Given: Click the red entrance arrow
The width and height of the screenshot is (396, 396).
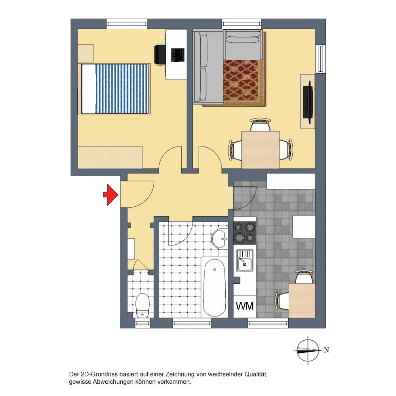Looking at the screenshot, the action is coord(110,194).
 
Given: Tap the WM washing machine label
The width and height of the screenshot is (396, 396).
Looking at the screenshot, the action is coord(244,306).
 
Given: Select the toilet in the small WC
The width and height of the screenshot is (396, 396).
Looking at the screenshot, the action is coord(143,306).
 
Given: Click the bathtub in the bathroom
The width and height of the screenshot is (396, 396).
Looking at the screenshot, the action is coord(214,287).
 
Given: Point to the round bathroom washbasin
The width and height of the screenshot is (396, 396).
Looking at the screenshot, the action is coord(219,239).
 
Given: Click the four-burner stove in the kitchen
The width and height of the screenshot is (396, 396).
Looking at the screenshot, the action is coord(244,232).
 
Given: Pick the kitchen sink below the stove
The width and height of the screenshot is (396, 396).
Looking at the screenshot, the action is coord(244,261).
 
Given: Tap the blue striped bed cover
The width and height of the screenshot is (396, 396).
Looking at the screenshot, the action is coord(122,89).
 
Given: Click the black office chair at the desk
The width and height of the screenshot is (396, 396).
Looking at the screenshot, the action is coord(160,55).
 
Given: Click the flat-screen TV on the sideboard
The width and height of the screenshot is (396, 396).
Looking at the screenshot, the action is coord(308,102).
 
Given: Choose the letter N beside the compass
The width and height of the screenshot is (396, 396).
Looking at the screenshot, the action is coord(326,350).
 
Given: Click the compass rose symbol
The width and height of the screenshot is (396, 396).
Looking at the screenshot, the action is coord(308,350).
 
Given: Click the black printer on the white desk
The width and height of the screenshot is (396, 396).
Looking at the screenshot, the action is coord(177,55).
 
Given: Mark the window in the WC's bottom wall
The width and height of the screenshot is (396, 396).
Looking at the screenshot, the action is coord(143,323).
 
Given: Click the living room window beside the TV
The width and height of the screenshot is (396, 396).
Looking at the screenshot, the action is coord(320,59).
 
